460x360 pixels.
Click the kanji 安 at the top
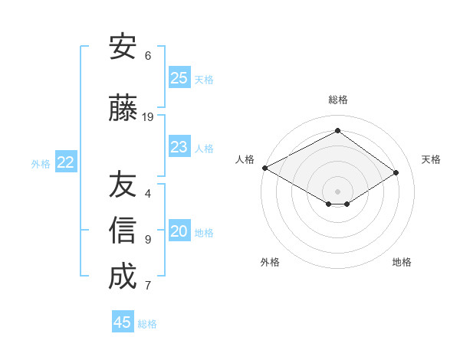[x=123, y=47]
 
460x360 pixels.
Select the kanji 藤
[x=123, y=109]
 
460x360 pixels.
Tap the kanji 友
[x=123, y=185]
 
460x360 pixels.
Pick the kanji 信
[x=123, y=231]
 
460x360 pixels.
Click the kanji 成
[x=123, y=277]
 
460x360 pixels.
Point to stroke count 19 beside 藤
[x=148, y=117]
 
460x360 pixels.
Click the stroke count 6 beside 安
[x=148, y=56]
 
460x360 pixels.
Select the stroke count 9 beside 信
[x=148, y=240]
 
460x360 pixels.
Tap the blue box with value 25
[x=179, y=78]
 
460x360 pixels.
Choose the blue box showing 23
[x=179, y=147]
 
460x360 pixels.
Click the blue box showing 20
[x=179, y=232]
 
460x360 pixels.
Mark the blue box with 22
[x=66, y=162]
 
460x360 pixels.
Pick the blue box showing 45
[x=123, y=322]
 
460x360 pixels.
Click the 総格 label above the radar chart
[x=337, y=100]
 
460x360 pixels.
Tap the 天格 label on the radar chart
[x=432, y=159]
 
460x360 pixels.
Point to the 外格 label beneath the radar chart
[x=270, y=262]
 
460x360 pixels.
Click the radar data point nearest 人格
[x=264, y=168]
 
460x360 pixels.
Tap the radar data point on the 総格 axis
[x=337, y=131]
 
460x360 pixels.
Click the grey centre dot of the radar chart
[x=337, y=190]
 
